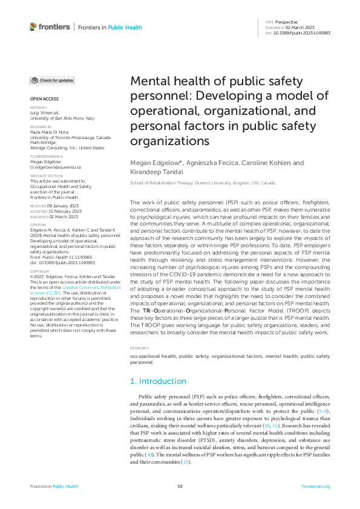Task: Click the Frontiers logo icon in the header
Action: coord(33,27)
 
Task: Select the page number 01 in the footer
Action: coord(180,486)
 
